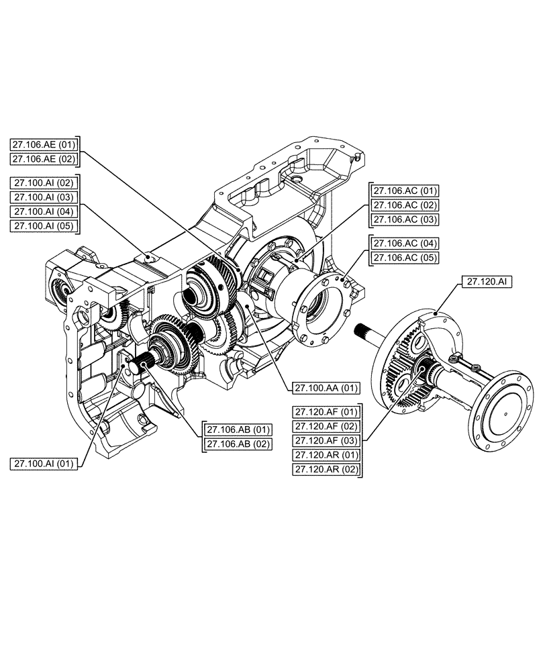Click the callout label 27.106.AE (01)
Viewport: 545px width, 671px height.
(x=45, y=144)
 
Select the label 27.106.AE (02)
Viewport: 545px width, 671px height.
(x=45, y=159)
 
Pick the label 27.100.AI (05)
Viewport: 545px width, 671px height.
(x=45, y=226)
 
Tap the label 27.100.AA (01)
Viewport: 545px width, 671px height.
(x=326, y=388)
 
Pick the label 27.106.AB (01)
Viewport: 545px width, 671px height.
(x=238, y=429)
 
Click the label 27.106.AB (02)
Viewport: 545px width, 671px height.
(x=238, y=444)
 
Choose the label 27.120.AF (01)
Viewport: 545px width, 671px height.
(x=326, y=411)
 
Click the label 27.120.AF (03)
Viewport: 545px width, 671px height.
(x=326, y=441)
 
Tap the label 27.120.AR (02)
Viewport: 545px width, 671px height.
(x=326, y=470)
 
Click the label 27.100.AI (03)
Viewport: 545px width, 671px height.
(x=45, y=197)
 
